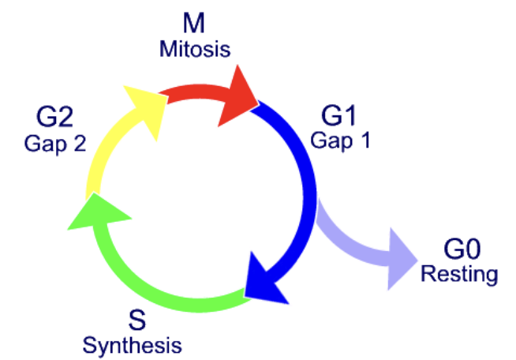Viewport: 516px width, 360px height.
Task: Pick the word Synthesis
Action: point(133,345)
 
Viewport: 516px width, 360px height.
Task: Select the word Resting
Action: point(460,275)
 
